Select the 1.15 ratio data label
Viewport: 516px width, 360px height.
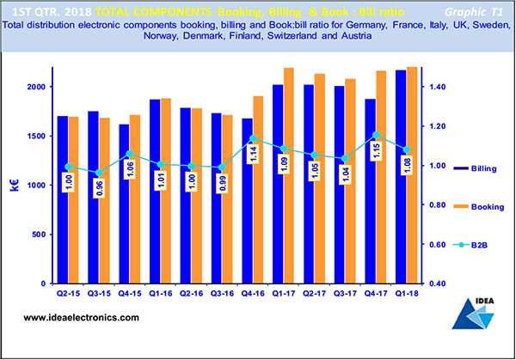[376, 152]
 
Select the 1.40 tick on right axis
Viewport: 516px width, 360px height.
[439, 88]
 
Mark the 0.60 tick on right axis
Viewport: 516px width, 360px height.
[439, 245]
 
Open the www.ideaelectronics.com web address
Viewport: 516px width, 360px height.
[81, 319]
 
